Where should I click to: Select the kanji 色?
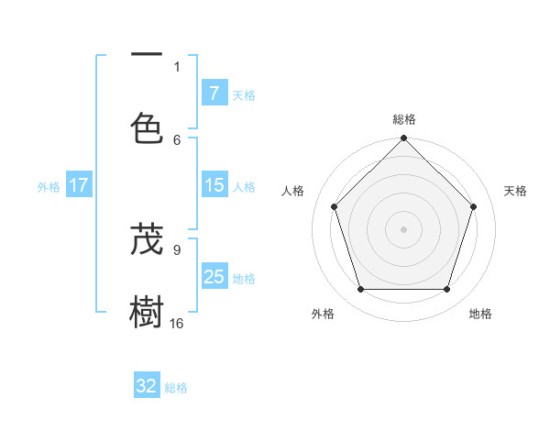(x=147, y=127)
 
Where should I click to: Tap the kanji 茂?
(x=147, y=239)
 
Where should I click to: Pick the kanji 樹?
(x=147, y=313)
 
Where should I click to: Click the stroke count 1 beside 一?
(x=177, y=66)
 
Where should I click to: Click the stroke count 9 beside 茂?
(x=177, y=249)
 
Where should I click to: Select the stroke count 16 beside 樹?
(x=177, y=324)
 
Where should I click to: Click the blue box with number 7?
(x=214, y=94)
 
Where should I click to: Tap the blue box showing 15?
(x=214, y=185)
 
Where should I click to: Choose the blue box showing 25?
(x=214, y=277)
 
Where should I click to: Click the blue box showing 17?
(x=79, y=185)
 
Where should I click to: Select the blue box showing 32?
(x=147, y=386)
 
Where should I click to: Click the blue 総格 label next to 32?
(x=176, y=388)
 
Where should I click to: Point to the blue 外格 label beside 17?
(x=49, y=187)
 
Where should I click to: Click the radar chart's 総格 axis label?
(x=404, y=119)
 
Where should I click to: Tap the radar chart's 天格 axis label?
(x=516, y=191)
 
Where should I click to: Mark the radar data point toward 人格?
(x=335, y=206)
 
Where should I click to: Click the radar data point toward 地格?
(x=446, y=290)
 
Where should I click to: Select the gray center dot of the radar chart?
(x=404, y=228)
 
